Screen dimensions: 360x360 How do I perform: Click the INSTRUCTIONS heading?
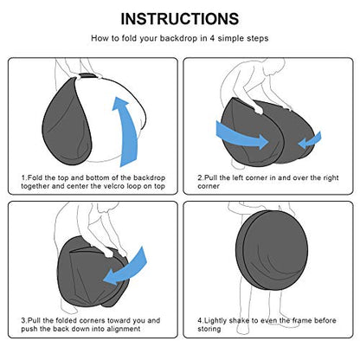[x=180, y=19]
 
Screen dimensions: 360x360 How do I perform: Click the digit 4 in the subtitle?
[x=212, y=38]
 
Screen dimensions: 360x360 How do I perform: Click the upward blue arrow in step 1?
[x=125, y=132]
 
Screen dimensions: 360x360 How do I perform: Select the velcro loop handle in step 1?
[x=87, y=76]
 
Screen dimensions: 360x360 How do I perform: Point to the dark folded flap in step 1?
[x=67, y=121]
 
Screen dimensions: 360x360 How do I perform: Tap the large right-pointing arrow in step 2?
[x=242, y=135]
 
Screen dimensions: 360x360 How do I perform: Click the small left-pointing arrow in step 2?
[x=310, y=140]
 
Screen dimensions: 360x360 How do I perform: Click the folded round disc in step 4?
[x=272, y=250]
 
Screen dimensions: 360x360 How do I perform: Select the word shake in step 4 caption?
[x=240, y=320]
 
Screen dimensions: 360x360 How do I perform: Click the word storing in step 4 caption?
[x=209, y=329]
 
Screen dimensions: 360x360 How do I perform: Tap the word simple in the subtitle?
[x=229, y=39]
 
